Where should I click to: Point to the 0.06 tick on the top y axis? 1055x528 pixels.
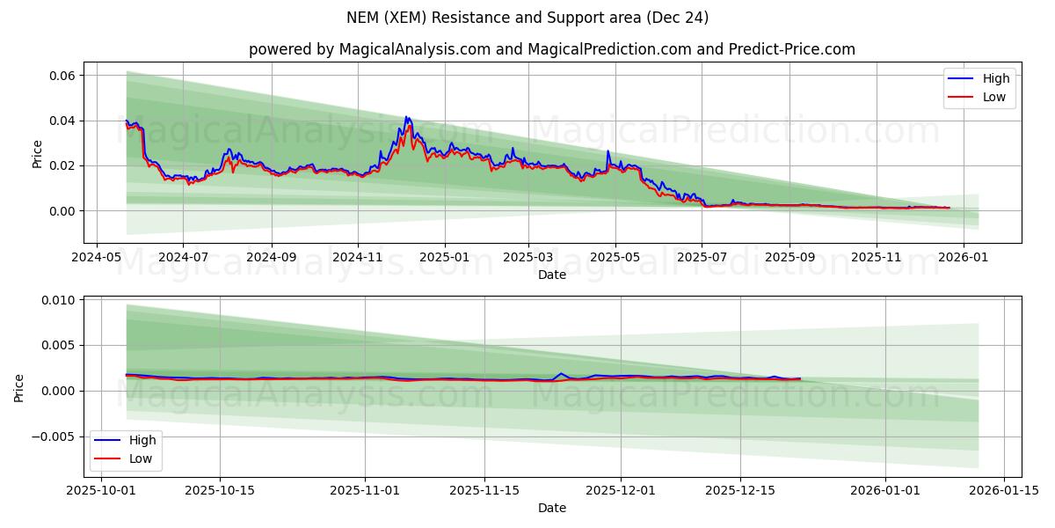(61, 76)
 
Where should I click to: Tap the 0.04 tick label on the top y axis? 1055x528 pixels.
(61, 121)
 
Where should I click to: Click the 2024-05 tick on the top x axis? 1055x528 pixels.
(96, 257)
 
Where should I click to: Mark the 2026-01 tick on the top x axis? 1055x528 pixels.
(964, 257)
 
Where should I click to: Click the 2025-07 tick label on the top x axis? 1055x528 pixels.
(701, 257)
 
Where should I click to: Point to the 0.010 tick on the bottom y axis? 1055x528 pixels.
(58, 300)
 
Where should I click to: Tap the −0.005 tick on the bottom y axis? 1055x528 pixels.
(55, 436)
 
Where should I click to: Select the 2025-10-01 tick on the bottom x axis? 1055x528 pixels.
(102, 490)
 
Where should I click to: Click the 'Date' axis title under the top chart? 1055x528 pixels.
(551, 275)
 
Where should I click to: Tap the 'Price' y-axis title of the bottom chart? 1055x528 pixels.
(19, 387)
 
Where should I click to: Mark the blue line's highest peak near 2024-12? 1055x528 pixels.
(405, 116)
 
